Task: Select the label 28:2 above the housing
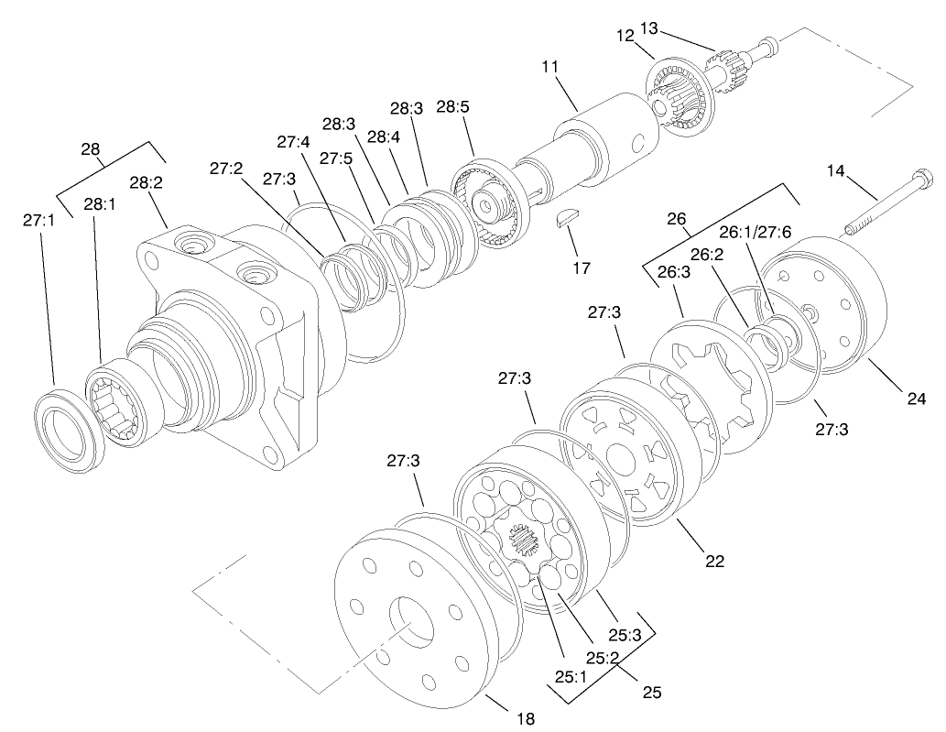[x=146, y=183]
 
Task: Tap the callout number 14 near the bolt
[x=836, y=170]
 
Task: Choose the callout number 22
[x=714, y=561]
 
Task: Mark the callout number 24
[x=916, y=399]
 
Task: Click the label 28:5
[x=452, y=106]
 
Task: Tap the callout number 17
[x=580, y=268]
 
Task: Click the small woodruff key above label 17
[x=568, y=218]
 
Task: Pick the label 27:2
[x=225, y=169]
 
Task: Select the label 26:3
[x=674, y=272]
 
